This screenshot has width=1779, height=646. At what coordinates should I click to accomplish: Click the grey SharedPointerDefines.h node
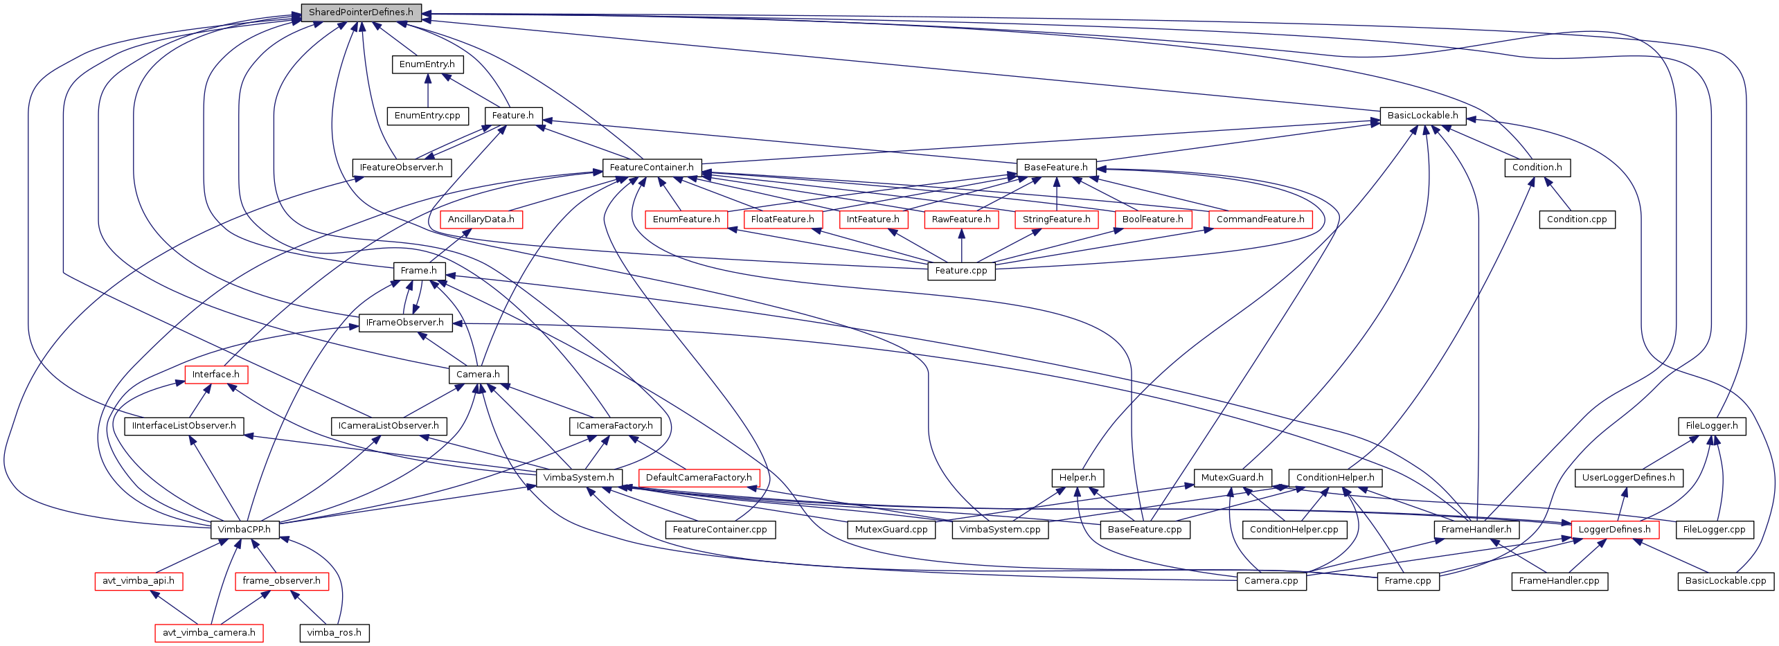point(361,12)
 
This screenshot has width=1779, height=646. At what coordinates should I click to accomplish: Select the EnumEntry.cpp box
point(427,116)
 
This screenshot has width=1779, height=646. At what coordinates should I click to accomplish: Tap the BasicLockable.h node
point(1422,116)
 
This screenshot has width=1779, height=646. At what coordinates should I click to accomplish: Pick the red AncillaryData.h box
point(481,219)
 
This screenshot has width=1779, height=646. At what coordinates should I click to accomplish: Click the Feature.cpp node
point(960,271)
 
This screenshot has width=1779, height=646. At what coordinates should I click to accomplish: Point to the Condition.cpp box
point(1577,219)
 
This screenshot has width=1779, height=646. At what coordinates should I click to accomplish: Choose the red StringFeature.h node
point(1056,219)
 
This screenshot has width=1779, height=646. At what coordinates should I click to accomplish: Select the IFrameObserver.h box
point(405,323)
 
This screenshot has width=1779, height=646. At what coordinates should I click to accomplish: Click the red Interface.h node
point(215,375)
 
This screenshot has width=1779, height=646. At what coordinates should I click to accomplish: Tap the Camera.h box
point(478,375)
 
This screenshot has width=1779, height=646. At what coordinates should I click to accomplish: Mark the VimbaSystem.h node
point(578,478)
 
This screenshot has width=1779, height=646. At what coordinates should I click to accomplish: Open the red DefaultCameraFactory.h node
point(699,478)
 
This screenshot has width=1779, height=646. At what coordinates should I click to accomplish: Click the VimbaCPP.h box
point(244,530)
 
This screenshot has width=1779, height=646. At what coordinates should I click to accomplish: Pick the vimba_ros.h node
point(334,633)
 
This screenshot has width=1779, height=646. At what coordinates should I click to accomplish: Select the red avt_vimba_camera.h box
point(208,633)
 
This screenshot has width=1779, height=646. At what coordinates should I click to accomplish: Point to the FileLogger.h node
point(1711,426)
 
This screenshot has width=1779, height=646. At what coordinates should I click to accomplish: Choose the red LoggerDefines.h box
point(1614,530)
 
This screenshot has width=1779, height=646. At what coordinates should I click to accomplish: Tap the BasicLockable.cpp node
point(1725,581)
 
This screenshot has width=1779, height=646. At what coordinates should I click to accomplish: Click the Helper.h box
point(1078,478)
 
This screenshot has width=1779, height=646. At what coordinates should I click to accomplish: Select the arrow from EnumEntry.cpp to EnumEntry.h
point(427,90)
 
